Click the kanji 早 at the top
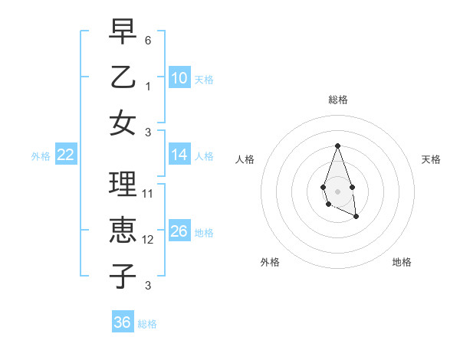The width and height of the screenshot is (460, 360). click(x=123, y=33)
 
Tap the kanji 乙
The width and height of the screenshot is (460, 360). click(x=123, y=77)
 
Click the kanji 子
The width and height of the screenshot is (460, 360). click(x=123, y=274)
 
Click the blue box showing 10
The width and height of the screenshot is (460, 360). click(x=179, y=77)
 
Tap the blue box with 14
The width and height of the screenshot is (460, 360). click(x=179, y=155)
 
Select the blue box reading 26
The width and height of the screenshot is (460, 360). click(x=179, y=231)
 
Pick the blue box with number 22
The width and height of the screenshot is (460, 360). click(x=66, y=155)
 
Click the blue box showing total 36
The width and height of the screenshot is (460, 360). click(x=123, y=322)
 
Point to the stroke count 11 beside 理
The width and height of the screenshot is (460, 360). click(x=148, y=194)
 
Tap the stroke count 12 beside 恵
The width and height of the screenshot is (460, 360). click(x=148, y=240)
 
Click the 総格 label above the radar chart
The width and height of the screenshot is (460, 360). click(x=337, y=100)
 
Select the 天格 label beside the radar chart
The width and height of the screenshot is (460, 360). click(x=431, y=159)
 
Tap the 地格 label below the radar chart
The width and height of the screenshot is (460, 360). click(x=402, y=262)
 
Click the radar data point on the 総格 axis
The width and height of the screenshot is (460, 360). click(x=337, y=145)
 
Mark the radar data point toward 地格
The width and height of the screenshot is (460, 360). click(x=356, y=217)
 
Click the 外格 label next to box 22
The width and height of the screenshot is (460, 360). click(x=41, y=156)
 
